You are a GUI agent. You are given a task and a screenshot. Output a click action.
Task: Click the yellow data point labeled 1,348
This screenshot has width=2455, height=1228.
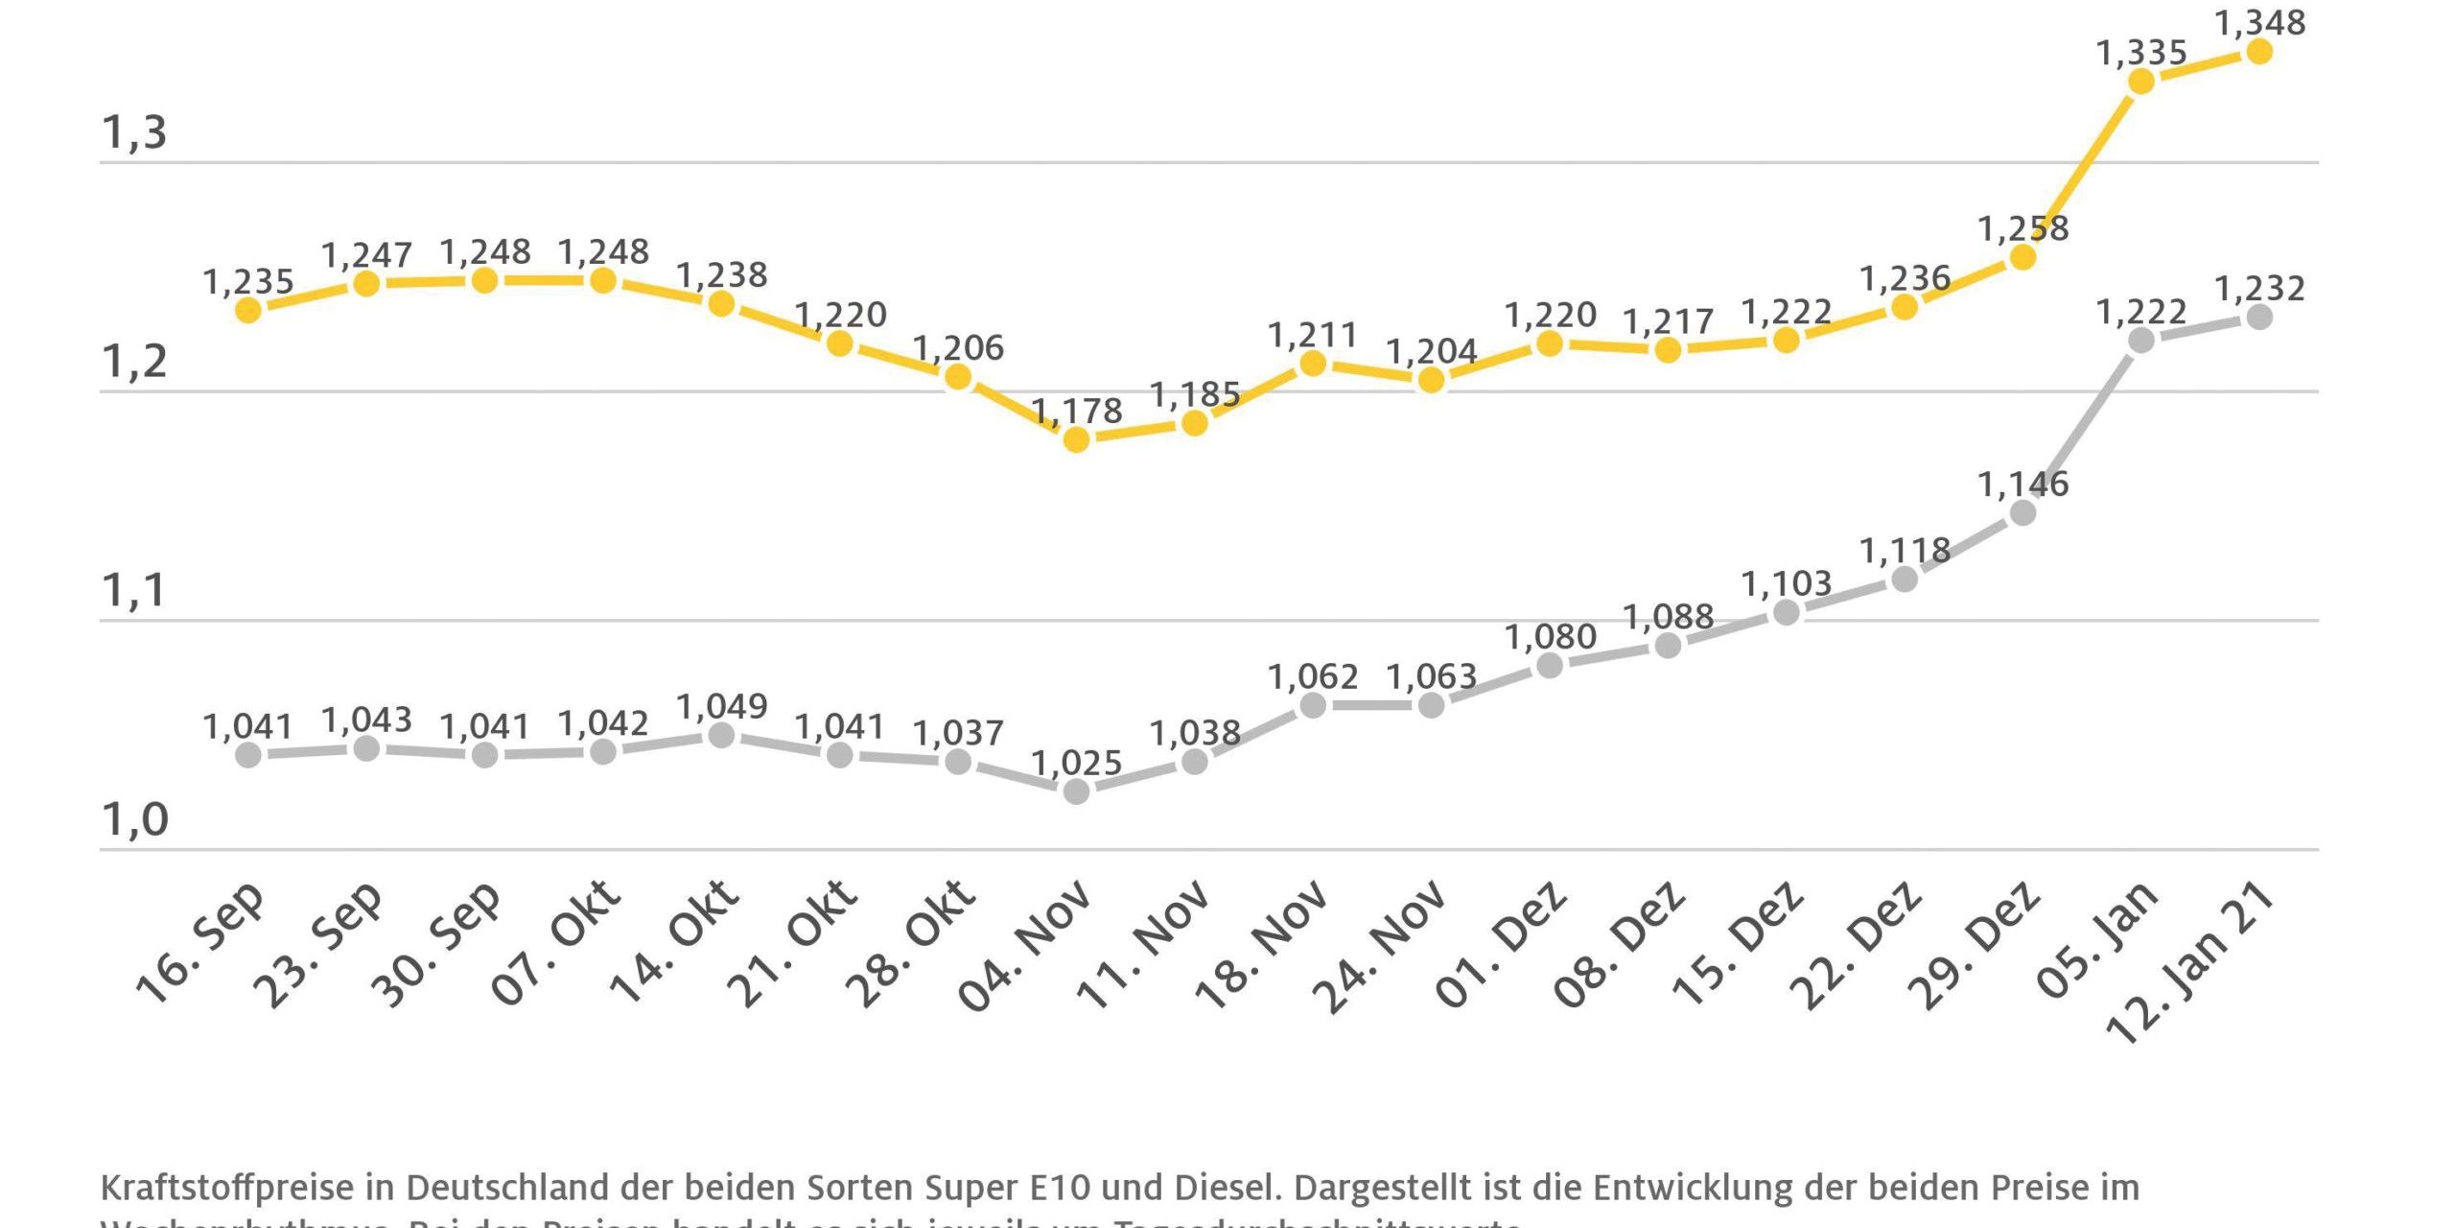pyautogui.click(x=2259, y=52)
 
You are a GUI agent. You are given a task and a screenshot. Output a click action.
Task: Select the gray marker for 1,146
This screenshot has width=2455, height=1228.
pyautogui.click(x=2022, y=513)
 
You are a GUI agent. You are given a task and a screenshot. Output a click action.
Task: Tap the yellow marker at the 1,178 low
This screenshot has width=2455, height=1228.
pyautogui.click(x=1076, y=440)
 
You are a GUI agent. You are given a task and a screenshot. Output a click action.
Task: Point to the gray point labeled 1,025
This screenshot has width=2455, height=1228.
pyautogui.click(x=1076, y=791)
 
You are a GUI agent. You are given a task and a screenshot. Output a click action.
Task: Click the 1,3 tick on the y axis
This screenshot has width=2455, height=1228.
pyautogui.click(x=134, y=133)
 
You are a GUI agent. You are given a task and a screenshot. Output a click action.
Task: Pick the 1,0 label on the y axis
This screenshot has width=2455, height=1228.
pyautogui.click(x=134, y=820)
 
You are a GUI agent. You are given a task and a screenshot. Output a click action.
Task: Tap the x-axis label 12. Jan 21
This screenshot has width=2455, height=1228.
pyautogui.click(x=2189, y=963)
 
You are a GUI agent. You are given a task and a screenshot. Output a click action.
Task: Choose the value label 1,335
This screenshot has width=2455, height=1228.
pyautogui.click(x=2140, y=53)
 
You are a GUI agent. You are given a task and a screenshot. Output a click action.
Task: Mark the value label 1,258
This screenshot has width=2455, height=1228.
pyautogui.click(x=2022, y=229)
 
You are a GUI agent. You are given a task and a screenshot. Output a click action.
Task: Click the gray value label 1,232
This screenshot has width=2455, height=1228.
pyautogui.click(x=2259, y=289)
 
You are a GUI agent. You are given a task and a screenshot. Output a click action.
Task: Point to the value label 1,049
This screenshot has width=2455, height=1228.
pyautogui.click(x=721, y=707)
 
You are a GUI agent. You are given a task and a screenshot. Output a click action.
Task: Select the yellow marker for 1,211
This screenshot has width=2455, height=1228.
pyautogui.click(x=1313, y=364)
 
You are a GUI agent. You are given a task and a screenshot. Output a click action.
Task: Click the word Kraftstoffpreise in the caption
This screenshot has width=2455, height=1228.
pyautogui.click(x=226, y=1188)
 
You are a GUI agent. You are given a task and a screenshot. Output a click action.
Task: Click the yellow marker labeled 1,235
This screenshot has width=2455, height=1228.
pyautogui.click(x=248, y=310)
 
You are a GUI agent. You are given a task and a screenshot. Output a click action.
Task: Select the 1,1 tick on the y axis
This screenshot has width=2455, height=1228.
pyautogui.click(x=134, y=591)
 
